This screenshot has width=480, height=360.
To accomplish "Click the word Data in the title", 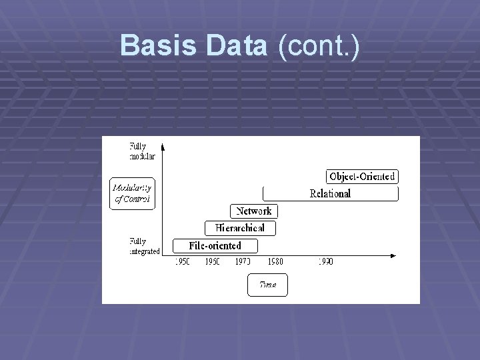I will (x=237, y=46).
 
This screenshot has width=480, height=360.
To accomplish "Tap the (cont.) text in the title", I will (x=319, y=46).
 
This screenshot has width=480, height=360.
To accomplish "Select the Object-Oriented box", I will (x=362, y=177).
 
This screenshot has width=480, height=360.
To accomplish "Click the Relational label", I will (x=330, y=194).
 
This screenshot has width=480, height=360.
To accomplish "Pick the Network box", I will (x=254, y=211).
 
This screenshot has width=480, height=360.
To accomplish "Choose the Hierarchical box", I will (x=240, y=228).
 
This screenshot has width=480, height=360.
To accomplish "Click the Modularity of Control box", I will (x=132, y=193).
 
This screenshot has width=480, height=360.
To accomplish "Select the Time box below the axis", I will (x=267, y=285).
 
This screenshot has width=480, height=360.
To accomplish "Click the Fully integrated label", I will (x=144, y=246).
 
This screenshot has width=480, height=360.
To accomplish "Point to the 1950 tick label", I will (x=182, y=262).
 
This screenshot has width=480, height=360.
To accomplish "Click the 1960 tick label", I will (x=213, y=262).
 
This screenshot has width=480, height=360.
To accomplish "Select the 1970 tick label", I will (x=243, y=262).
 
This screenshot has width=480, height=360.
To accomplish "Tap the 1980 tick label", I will (x=275, y=262).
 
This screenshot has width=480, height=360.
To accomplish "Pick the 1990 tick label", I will (x=325, y=262).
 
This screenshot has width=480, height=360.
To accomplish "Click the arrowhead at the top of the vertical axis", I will (x=162, y=145).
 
